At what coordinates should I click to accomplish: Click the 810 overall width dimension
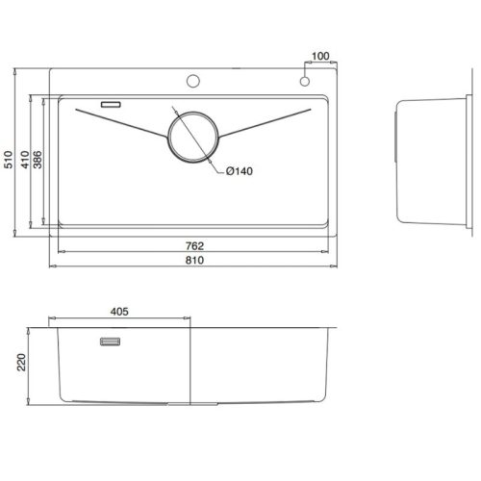[197, 261]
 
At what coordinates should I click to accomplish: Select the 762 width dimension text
[197, 246]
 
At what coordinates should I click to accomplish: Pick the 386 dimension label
[38, 160]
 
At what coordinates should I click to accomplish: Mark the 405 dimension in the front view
[119, 311]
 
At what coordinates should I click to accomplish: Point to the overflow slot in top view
[110, 101]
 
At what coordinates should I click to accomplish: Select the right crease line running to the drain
[269, 123]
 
